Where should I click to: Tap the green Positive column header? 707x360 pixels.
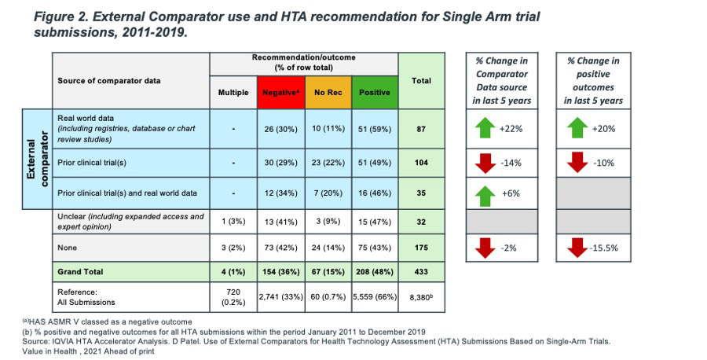[375, 92]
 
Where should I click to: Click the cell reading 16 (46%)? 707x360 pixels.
[375, 192]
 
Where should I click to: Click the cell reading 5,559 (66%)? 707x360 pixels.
[375, 297]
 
